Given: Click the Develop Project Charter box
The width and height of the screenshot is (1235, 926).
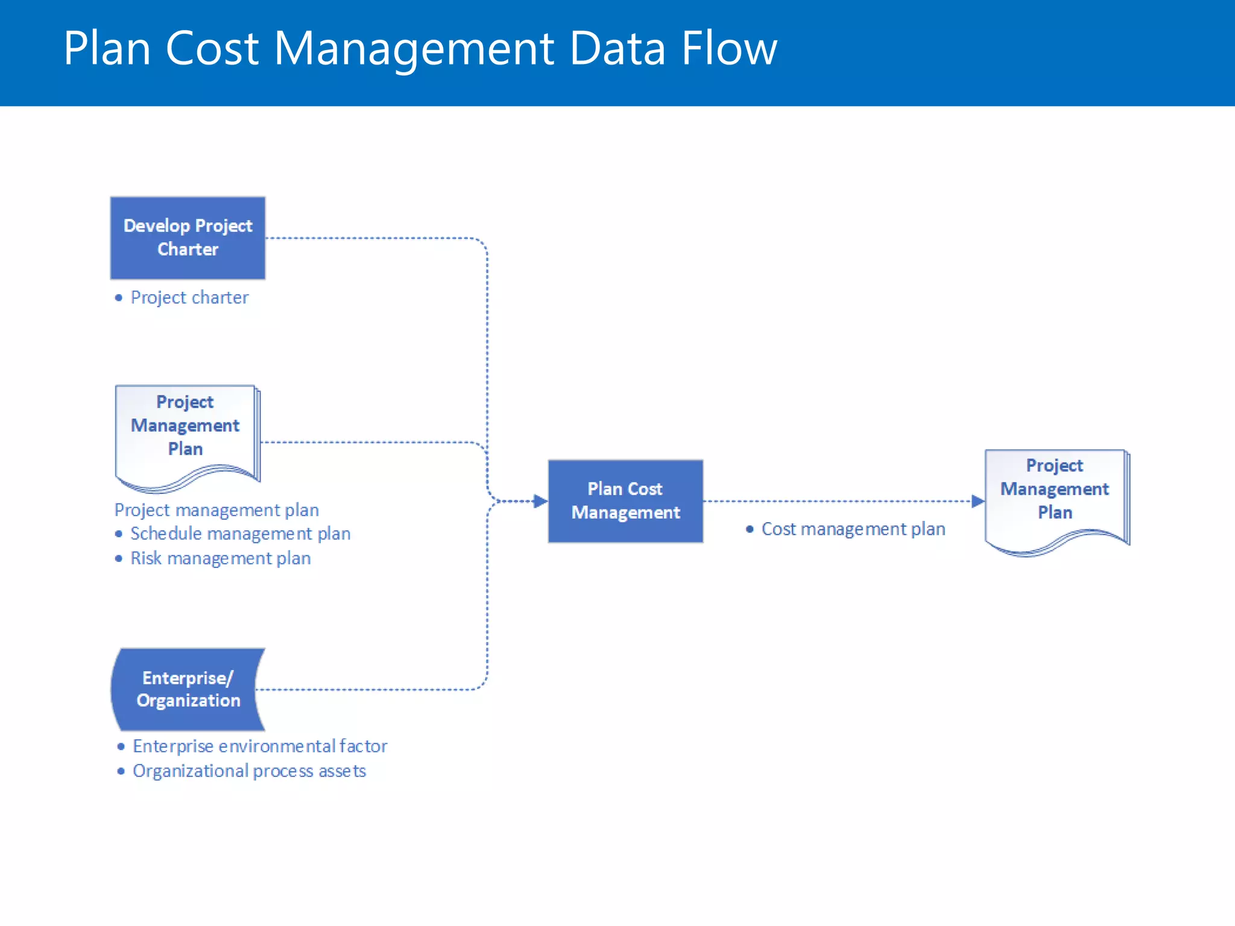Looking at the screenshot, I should (188, 238).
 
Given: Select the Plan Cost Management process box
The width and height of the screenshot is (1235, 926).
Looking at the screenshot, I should (625, 501).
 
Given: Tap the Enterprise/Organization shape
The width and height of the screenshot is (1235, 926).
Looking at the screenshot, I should (188, 689).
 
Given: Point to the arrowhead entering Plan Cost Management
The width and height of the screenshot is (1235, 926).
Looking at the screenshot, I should (540, 501).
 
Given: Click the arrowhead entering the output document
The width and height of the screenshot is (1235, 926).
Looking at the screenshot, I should (978, 501).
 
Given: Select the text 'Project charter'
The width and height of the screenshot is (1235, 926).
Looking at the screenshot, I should (189, 298).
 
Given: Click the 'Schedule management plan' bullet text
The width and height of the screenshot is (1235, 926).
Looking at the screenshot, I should (240, 534).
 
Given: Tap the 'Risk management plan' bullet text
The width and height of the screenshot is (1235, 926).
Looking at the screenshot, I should (221, 559).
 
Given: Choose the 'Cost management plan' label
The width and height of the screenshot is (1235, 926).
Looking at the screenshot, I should (853, 529).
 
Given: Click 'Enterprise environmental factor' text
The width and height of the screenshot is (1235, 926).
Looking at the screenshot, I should (260, 746).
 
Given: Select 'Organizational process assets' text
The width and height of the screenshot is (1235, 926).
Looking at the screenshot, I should (249, 771).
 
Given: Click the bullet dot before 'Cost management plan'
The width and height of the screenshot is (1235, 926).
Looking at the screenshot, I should (750, 529).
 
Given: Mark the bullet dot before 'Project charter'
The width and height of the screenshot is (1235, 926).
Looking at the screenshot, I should (119, 298).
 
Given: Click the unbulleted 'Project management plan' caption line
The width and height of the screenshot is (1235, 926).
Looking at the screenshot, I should (216, 510).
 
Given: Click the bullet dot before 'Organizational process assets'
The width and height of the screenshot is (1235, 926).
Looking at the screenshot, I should (121, 771).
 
